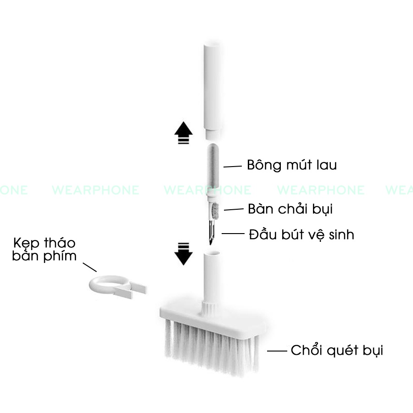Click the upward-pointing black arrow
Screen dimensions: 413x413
pos(184,133)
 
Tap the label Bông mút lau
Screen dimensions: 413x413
pos(291,165)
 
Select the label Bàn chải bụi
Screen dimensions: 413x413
pos(290,209)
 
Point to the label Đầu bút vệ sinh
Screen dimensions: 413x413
pos(301,234)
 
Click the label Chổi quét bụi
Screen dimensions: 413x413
pos(337,351)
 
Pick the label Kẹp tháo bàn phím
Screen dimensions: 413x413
pos(45,249)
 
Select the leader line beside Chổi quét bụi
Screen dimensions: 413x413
pos(277,351)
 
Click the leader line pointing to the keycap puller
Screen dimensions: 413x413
pos(89,267)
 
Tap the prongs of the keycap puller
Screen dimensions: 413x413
pos(135,289)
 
